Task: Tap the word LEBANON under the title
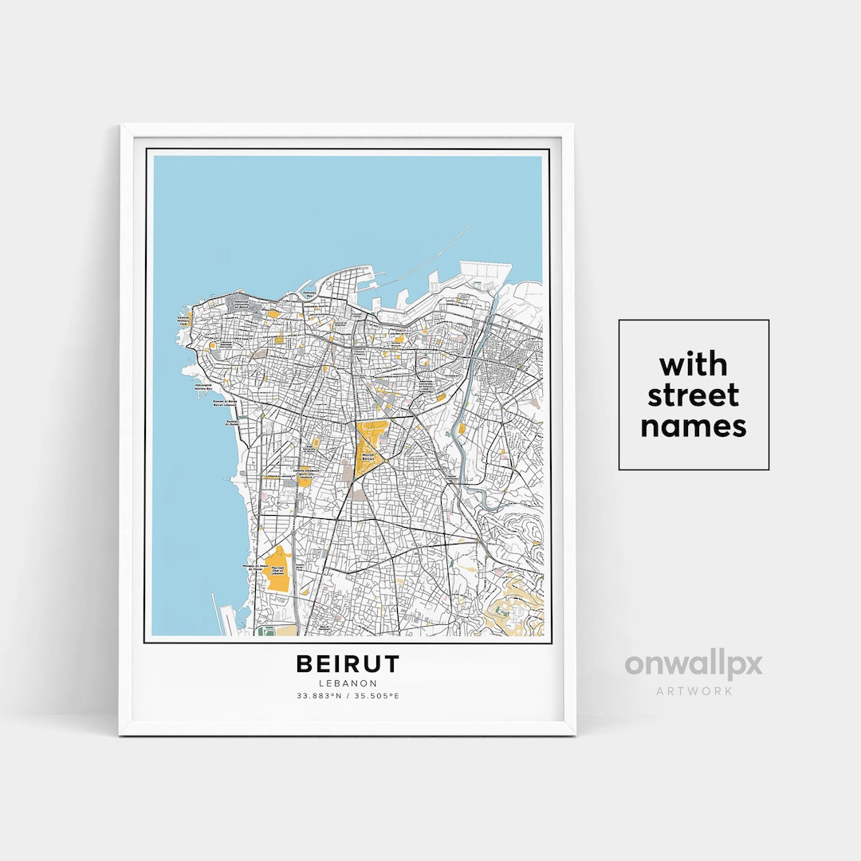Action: pos(348,683)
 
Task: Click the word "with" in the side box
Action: pos(693,365)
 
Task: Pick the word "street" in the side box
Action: pos(693,395)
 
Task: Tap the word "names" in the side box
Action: pos(693,426)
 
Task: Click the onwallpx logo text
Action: pos(693,664)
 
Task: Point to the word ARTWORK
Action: pos(693,690)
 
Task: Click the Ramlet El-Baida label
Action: pos(232,423)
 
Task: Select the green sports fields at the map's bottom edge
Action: pos(266,631)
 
